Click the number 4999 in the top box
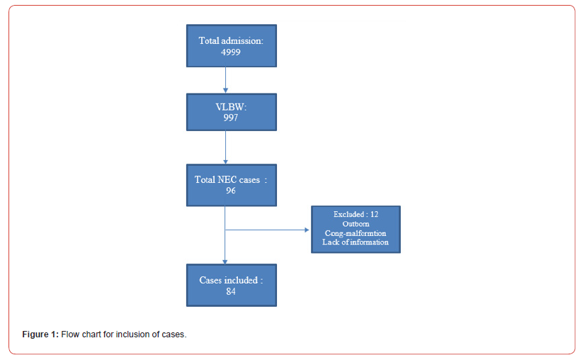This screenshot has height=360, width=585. [x=231, y=52]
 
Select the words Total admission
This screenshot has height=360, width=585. [x=231, y=41]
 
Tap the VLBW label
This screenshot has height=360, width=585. [x=231, y=106]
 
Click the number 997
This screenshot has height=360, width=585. [x=231, y=118]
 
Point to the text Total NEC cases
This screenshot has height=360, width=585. [x=227, y=180]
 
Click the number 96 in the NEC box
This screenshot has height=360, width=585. [x=231, y=191]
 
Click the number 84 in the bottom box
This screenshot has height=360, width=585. [x=231, y=291]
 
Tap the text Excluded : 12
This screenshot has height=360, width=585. [x=356, y=214]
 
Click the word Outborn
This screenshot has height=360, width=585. [x=356, y=223]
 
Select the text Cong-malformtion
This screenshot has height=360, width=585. [x=356, y=232]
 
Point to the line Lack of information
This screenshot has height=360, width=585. [x=356, y=242]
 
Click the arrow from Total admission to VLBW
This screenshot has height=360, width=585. [x=225, y=79]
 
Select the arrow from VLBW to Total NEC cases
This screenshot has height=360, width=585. [x=225, y=147]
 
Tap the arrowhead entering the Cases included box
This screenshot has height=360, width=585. [x=225, y=261]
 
